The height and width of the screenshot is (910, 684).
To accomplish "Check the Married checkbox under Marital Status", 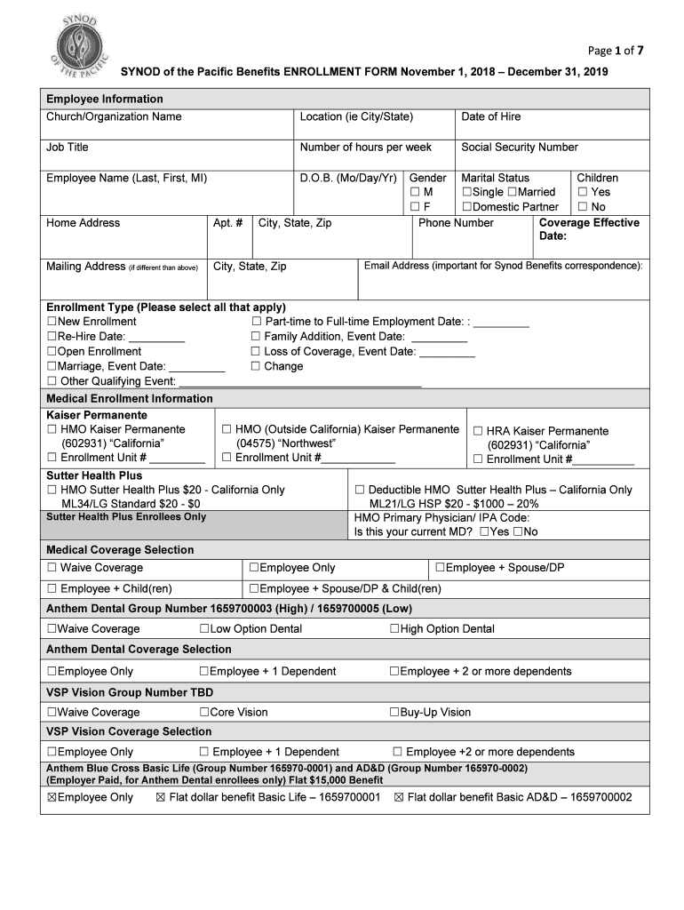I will pos(512,193).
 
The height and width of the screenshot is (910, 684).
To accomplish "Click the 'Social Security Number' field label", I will pos(519,148).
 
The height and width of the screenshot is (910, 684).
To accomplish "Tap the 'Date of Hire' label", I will pos(491,117).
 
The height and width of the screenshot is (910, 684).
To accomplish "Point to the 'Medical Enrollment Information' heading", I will pos(129,399).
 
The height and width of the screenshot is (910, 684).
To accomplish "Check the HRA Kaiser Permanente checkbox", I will pos(478,431).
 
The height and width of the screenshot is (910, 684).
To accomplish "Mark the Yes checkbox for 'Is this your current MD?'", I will pos(484,532).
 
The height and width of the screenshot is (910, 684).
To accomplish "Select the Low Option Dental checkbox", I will pos(204,629).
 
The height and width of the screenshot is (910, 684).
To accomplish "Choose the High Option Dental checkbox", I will pos(394,629).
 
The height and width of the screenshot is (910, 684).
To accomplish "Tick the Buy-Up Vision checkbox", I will pos(394,713).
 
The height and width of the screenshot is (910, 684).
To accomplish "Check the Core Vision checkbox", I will pos(204,713).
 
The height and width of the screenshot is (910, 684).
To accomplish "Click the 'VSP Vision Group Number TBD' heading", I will pos(129,692).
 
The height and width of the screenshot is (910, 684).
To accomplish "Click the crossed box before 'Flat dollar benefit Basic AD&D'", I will pos(399,798).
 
